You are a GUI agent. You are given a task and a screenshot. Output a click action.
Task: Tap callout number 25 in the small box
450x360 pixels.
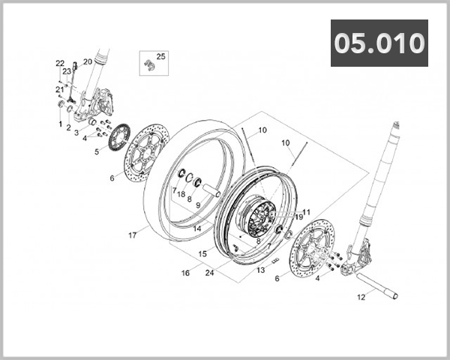pyautogui.click(x=161, y=56)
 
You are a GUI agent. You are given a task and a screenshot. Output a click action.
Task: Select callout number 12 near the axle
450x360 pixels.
pyautogui.click(x=361, y=298)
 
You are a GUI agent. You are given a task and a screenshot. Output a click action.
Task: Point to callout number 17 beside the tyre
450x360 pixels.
pyautogui.click(x=132, y=235)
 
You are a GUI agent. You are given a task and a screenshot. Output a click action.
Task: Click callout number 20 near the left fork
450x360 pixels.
pyautogui.click(x=88, y=61)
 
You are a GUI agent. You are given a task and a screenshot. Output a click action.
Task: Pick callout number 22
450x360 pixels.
pyautogui.click(x=60, y=63)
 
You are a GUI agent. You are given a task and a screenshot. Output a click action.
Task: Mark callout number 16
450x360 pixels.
pyautogui.click(x=184, y=274)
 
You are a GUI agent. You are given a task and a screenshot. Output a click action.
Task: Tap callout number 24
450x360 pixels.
pyautogui.click(x=209, y=273)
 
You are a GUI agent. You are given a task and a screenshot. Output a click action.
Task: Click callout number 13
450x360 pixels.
pyautogui.click(x=260, y=269)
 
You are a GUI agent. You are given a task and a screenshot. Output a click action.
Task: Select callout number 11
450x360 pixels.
pyautogui.click(x=306, y=212)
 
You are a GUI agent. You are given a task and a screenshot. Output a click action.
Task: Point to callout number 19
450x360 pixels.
pyautogui.click(x=298, y=217)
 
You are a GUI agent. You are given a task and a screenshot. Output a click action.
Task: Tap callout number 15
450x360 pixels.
pyautogui.click(x=202, y=254)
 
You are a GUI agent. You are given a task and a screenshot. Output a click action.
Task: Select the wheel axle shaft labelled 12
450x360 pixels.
pyautogui.click(x=375, y=288)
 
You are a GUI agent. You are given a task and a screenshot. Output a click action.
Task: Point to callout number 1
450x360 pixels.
pyautogui.click(x=60, y=123)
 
